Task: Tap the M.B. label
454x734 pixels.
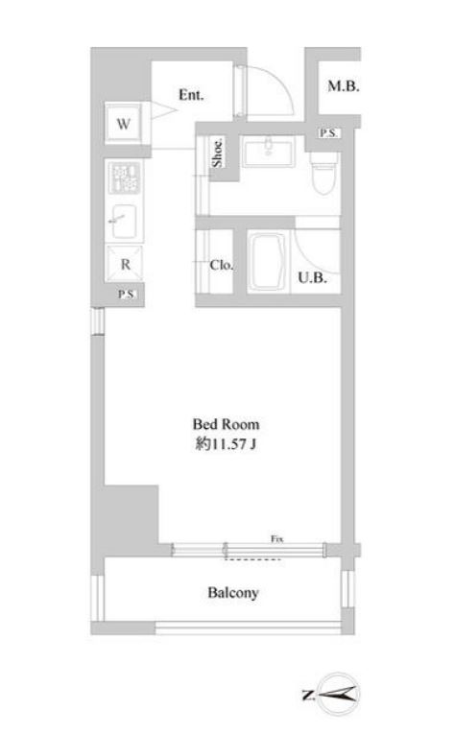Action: [343, 86]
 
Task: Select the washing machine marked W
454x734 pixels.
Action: [124, 123]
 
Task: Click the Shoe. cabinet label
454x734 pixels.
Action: [218, 151]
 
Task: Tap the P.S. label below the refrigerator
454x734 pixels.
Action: [126, 295]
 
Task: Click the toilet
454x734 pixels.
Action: [323, 174]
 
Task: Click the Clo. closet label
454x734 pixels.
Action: [222, 265]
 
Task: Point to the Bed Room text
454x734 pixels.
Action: [227, 424]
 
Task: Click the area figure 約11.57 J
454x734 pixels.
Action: [227, 443]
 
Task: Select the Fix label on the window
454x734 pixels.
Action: [276, 539]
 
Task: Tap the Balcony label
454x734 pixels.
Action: [234, 593]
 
